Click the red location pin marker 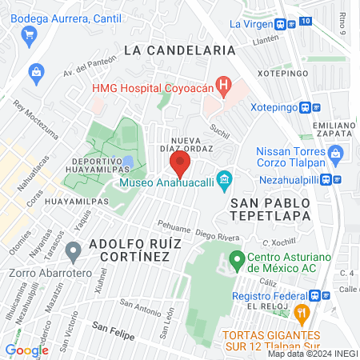click(180, 166)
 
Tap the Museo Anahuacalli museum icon click(224, 177)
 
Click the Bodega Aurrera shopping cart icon click(30, 34)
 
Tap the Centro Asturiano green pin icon click(236, 260)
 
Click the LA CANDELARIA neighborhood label click(179, 50)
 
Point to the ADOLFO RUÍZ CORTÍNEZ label click(129, 248)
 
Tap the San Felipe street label click(111, 327)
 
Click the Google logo click(26, 350)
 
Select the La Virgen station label click(252, 23)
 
